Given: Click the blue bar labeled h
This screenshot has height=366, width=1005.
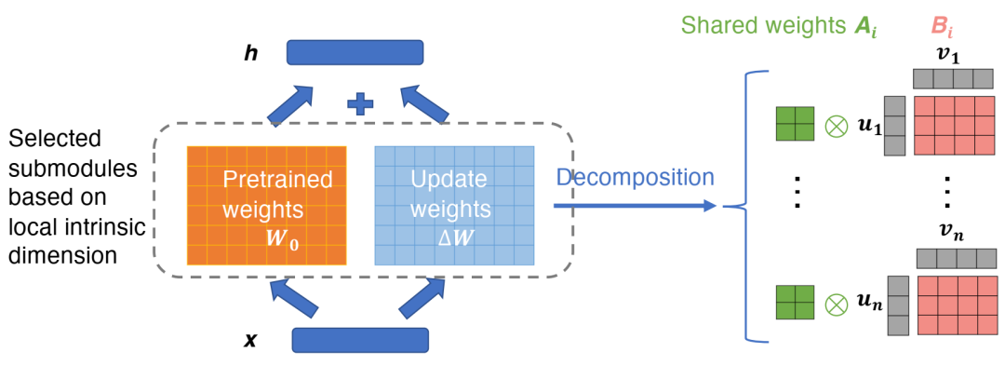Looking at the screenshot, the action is click(x=355, y=52).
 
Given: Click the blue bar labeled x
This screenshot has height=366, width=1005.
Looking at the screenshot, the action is click(x=360, y=340).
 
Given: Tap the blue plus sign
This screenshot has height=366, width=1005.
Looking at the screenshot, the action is click(x=360, y=103).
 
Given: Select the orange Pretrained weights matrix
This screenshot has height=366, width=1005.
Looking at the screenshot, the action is click(x=267, y=205).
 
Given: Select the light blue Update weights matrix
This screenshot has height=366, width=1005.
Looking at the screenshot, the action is click(x=454, y=205).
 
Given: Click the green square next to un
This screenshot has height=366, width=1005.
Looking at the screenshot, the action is click(x=795, y=305).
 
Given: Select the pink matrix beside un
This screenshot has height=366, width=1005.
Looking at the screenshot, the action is click(x=957, y=306).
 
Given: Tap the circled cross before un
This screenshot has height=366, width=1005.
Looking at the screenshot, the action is click(x=835, y=305).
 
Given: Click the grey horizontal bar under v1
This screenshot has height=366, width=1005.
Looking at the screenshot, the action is click(x=953, y=79).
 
